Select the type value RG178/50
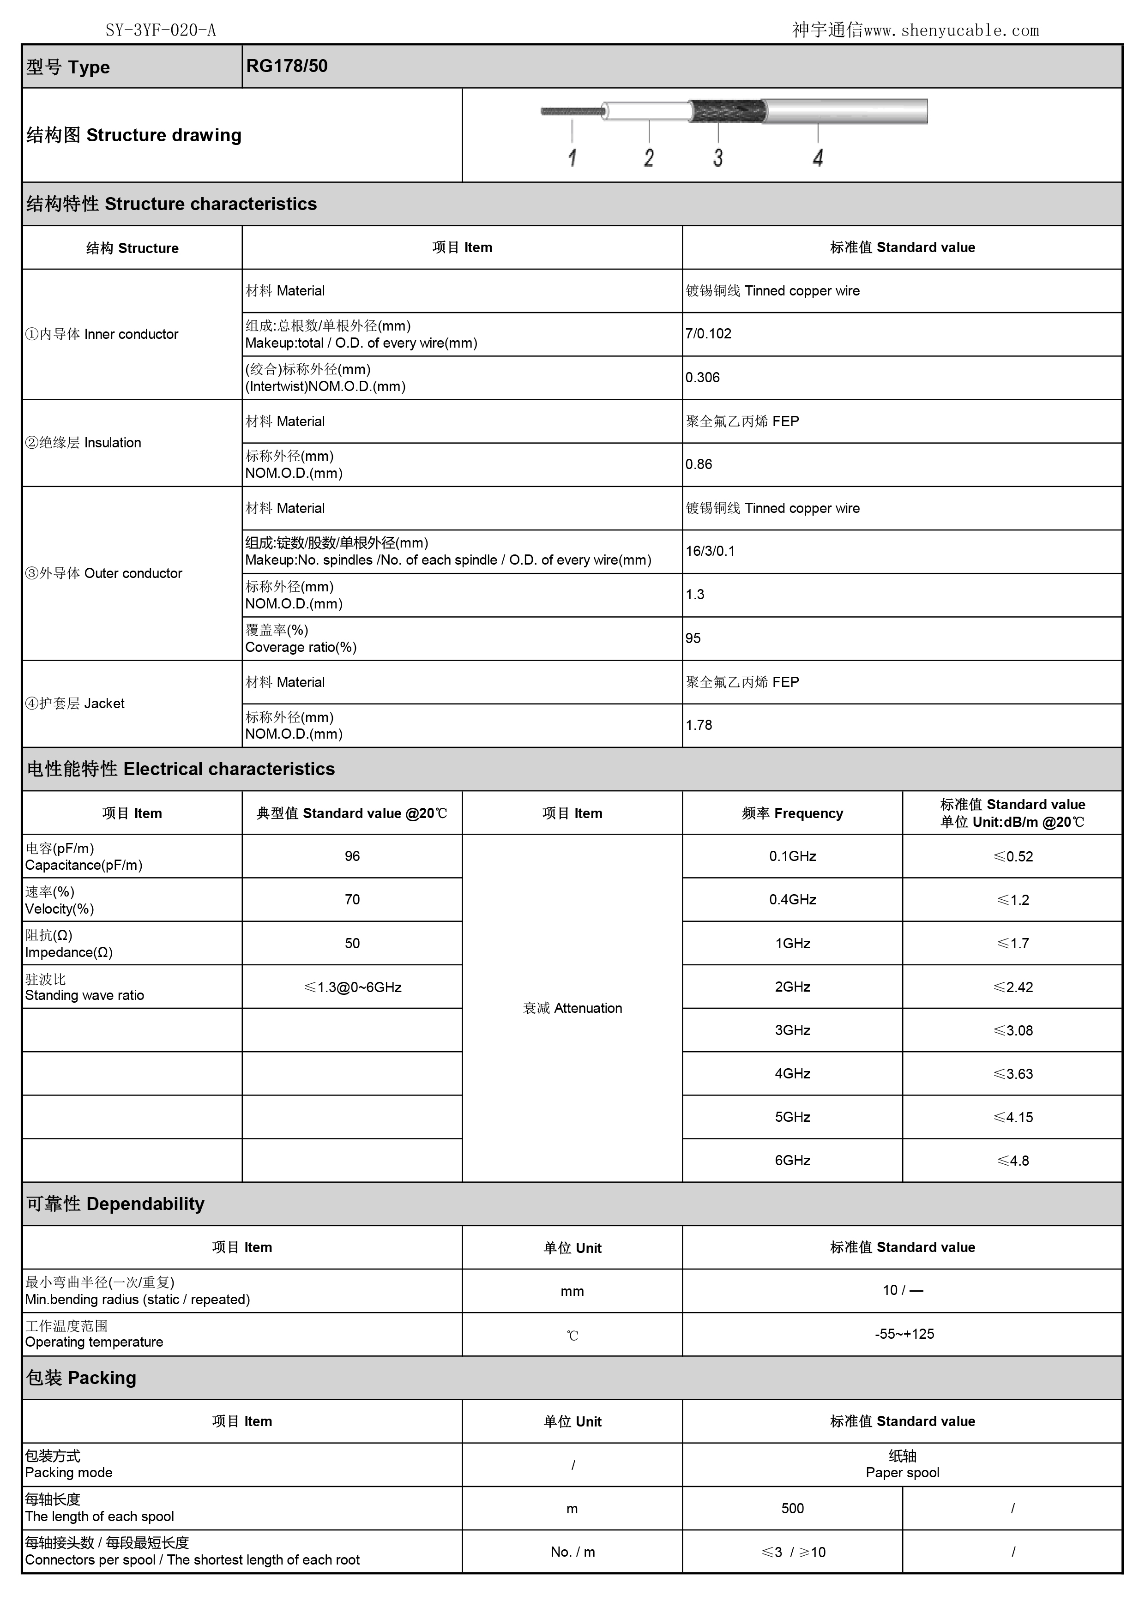pos(287,66)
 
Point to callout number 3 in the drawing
pos(718,158)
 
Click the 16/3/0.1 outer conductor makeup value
pos(710,551)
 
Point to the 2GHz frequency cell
pos(792,987)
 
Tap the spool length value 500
pos(792,1508)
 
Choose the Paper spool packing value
pos(903,1464)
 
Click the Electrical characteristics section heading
pos(181,769)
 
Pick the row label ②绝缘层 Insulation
pos(83,443)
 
